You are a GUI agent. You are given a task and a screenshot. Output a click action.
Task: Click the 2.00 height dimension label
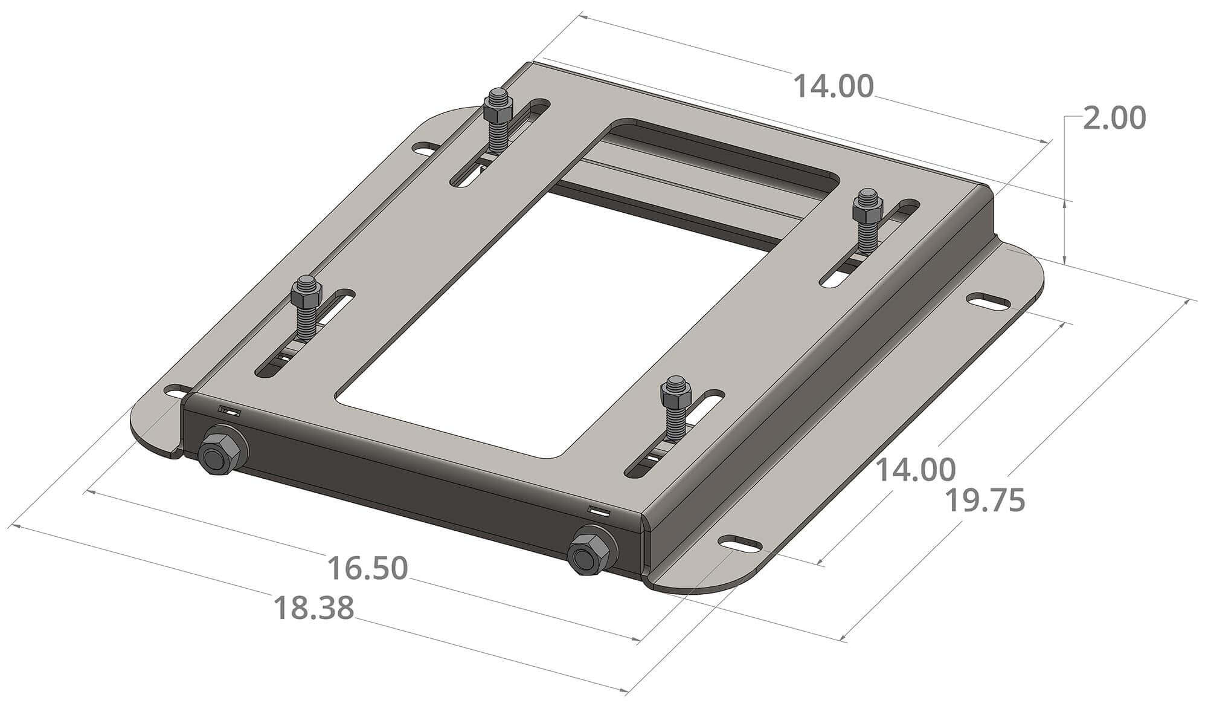pyautogui.click(x=1113, y=119)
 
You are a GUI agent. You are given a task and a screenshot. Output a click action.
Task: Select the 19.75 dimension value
pyautogui.click(x=984, y=501)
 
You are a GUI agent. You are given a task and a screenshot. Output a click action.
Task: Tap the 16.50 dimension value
pyautogui.click(x=367, y=569)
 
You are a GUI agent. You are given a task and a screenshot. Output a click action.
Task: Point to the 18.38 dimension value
pyautogui.click(x=313, y=608)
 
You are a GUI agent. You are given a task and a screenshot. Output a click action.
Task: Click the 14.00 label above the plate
pyautogui.click(x=832, y=86)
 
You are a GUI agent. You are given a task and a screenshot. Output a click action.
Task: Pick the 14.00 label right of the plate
pyautogui.click(x=915, y=470)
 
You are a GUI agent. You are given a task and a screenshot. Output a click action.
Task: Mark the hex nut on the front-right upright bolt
pyautogui.click(x=676, y=395)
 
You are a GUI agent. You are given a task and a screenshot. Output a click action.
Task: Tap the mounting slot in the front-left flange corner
pyautogui.click(x=176, y=390)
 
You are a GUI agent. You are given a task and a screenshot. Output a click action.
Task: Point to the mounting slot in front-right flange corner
pyautogui.click(x=740, y=543)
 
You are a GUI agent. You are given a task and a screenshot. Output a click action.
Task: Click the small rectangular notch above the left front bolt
pyautogui.click(x=230, y=411)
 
